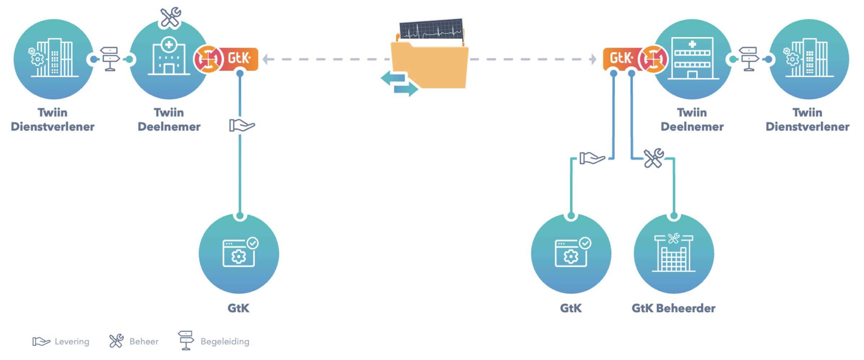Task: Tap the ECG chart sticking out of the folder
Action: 431,29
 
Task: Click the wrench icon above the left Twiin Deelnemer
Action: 170,17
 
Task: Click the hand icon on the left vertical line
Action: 241,126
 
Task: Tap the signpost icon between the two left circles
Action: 110,59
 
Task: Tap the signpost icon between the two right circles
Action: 749,59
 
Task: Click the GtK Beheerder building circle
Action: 673,254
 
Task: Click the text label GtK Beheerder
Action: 673,308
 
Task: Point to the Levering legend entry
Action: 61,341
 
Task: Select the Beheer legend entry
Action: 134,341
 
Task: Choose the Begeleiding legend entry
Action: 214,341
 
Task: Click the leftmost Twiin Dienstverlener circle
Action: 53,59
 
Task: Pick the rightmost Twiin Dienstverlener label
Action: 807,119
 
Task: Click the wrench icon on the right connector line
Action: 654,158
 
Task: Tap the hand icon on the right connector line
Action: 592,158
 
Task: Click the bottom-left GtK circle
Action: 239,254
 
